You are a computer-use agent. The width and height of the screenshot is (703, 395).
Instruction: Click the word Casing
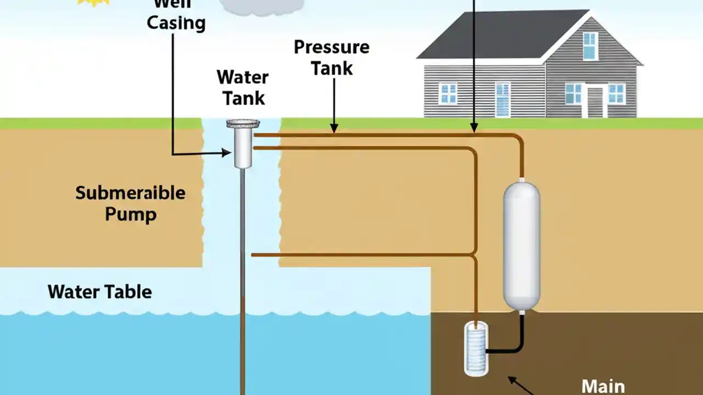point(176,23)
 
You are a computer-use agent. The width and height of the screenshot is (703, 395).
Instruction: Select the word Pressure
point(331,47)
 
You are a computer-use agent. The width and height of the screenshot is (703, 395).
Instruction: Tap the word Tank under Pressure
point(332,68)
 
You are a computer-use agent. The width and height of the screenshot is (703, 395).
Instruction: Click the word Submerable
point(130,193)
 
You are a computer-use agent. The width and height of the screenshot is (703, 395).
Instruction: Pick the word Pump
point(130,214)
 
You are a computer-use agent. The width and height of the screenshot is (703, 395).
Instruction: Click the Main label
point(602,386)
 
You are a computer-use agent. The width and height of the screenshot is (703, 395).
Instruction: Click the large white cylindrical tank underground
point(521,245)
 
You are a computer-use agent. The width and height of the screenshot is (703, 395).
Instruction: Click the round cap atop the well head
point(243,124)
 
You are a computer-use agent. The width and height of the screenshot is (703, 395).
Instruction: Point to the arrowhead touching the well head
point(226,153)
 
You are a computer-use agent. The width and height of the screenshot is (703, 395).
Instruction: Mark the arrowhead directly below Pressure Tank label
point(333,129)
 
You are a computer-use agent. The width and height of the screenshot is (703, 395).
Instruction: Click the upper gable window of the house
point(589,46)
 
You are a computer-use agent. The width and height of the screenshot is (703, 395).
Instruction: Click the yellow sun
point(93,2)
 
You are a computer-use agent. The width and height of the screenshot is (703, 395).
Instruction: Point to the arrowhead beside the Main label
point(512,379)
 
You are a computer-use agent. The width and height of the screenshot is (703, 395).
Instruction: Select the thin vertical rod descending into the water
point(242,274)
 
